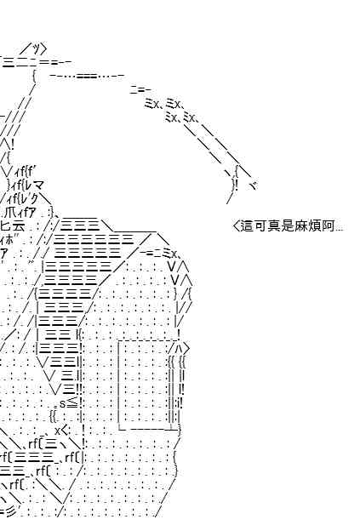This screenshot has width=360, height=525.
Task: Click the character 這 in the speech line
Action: [247, 226]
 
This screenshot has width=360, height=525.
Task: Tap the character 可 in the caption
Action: [260, 226]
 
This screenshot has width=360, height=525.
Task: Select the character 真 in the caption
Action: [273, 226]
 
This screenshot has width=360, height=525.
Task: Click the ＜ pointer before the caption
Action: [236, 226]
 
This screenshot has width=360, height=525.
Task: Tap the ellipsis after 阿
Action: [339, 231]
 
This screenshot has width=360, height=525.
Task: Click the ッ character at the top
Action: [35, 49]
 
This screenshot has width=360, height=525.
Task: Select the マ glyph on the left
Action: [38, 185]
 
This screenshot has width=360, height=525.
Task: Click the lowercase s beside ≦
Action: [62, 404]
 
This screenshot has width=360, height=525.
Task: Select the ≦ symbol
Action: [72, 402]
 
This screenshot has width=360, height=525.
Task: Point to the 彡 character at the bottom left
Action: [15, 511]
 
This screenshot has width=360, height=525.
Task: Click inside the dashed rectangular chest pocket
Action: [145, 385]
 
